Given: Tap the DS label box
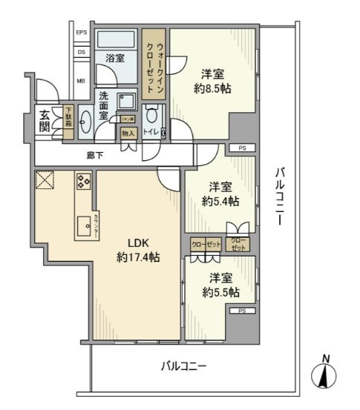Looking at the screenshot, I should (82, 53).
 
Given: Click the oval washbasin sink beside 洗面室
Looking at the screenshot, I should (84, 122).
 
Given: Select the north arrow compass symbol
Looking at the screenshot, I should (325, 375).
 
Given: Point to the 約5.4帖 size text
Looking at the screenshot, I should (220, 201).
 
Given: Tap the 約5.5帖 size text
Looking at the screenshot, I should (220, 292).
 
